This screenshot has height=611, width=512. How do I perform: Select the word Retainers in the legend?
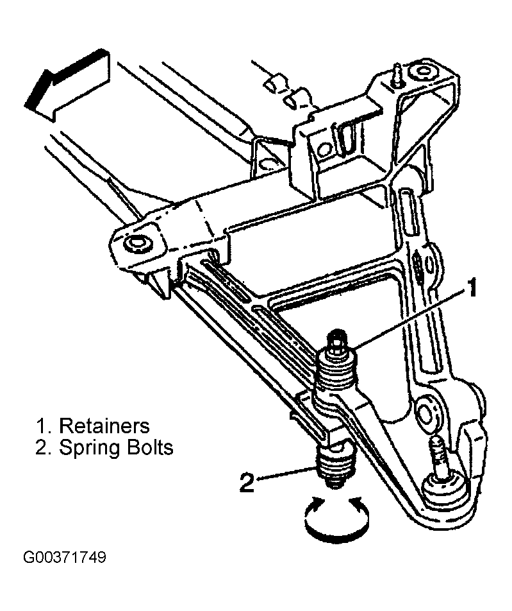(x=104, y=426)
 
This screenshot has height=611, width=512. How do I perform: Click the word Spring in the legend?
(x=85, y=449)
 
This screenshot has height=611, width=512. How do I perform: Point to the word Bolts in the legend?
(x=144, y=447)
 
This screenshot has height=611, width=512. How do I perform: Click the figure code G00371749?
(x=65, y=557)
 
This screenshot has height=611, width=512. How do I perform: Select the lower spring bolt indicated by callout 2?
(x=335, y=467)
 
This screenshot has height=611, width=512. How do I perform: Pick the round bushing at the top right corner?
(x=422, y=73)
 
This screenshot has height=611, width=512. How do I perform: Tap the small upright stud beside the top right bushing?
(x=398, y=75)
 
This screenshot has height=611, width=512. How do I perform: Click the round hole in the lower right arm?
(x=427, y=414)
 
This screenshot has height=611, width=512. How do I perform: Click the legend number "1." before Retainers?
(x=44, y=426)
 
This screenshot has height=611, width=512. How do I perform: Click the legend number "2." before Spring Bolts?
(x=44, y=448)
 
